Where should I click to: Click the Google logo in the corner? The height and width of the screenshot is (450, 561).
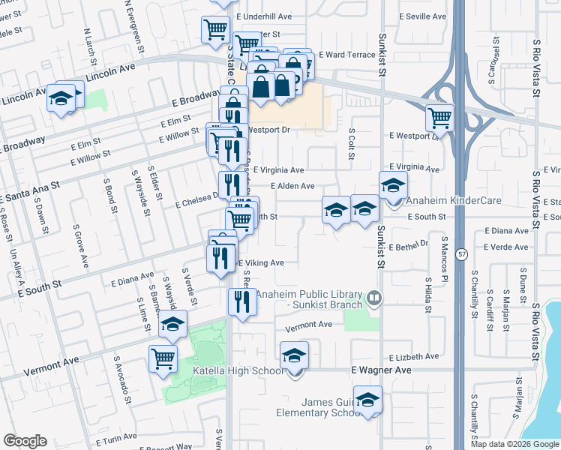coord(25,441)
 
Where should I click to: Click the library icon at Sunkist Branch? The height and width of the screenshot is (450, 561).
coord(373,300)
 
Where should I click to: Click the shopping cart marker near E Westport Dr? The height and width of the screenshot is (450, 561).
coord(439,118)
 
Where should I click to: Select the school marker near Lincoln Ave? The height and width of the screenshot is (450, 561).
coord(60,97)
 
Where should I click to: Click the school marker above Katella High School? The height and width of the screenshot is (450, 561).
coord(295,354)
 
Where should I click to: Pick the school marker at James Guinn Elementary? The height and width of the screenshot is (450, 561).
coord(367,400)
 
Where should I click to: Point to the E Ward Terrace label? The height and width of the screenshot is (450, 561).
coord(346,55)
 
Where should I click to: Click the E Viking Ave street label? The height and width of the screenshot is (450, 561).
coord(261,263)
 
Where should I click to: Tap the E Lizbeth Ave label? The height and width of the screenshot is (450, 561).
coord(414,357)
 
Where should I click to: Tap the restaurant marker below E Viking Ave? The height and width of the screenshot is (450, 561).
coord(239,301)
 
